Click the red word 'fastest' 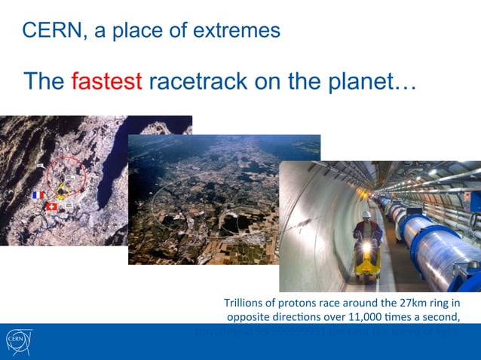[106, 81]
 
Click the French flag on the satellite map [38, 195]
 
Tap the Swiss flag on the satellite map [51, 206]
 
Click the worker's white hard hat [367, 215]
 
